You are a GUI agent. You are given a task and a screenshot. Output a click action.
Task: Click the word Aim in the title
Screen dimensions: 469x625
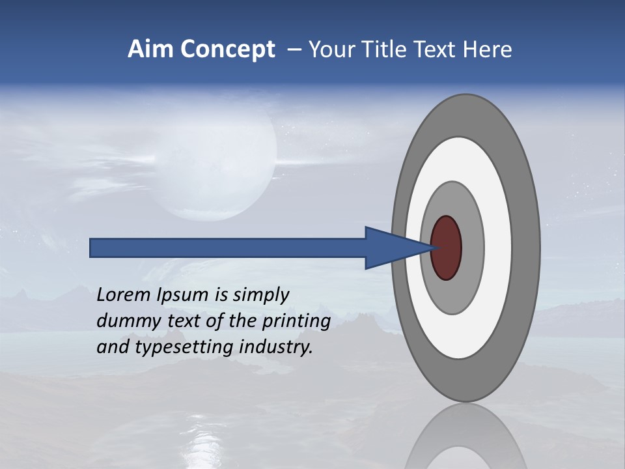coord(150,50)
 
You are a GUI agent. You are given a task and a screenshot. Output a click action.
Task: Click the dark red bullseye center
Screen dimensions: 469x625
coord(446,248)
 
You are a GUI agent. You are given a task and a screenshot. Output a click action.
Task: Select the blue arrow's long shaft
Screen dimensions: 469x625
coord(228,248)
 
